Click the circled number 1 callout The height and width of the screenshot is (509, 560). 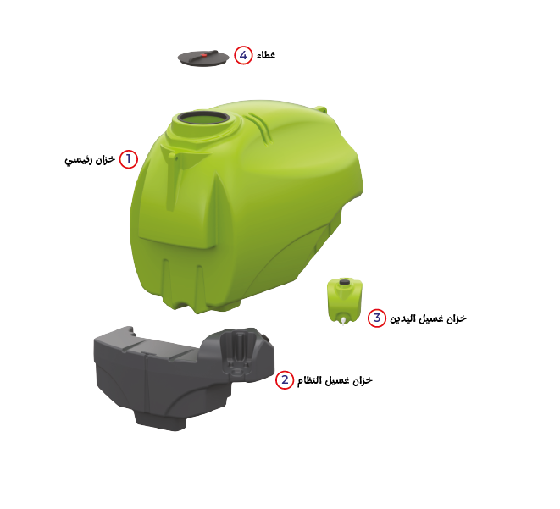(129, 159)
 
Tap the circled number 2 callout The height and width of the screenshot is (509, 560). (285, 379)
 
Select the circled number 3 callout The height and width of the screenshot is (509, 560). (377, 318)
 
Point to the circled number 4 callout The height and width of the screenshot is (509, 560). (243, 55)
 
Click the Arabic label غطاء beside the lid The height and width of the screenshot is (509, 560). (266, 55)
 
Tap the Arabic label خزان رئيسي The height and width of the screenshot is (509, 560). (90, 160)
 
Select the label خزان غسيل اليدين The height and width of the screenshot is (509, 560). (428, 318)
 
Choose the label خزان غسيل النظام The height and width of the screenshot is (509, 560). (335, 380)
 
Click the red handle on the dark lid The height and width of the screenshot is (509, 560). (204, 55)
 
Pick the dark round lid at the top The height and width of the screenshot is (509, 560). (203, 58)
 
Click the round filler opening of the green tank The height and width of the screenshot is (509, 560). (202, 118)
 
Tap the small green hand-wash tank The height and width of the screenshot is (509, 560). (345, 301)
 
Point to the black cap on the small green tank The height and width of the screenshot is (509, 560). (344, 282)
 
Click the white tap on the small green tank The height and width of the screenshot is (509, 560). (343, 320)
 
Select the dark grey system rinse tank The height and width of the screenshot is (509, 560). (185, 378)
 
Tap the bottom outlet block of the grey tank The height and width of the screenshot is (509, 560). (161, 420)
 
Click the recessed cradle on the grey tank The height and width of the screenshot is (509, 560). (240, 352)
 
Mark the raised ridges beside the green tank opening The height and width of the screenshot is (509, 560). (259, 128)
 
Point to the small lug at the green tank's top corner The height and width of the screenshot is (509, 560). (320, 109)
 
